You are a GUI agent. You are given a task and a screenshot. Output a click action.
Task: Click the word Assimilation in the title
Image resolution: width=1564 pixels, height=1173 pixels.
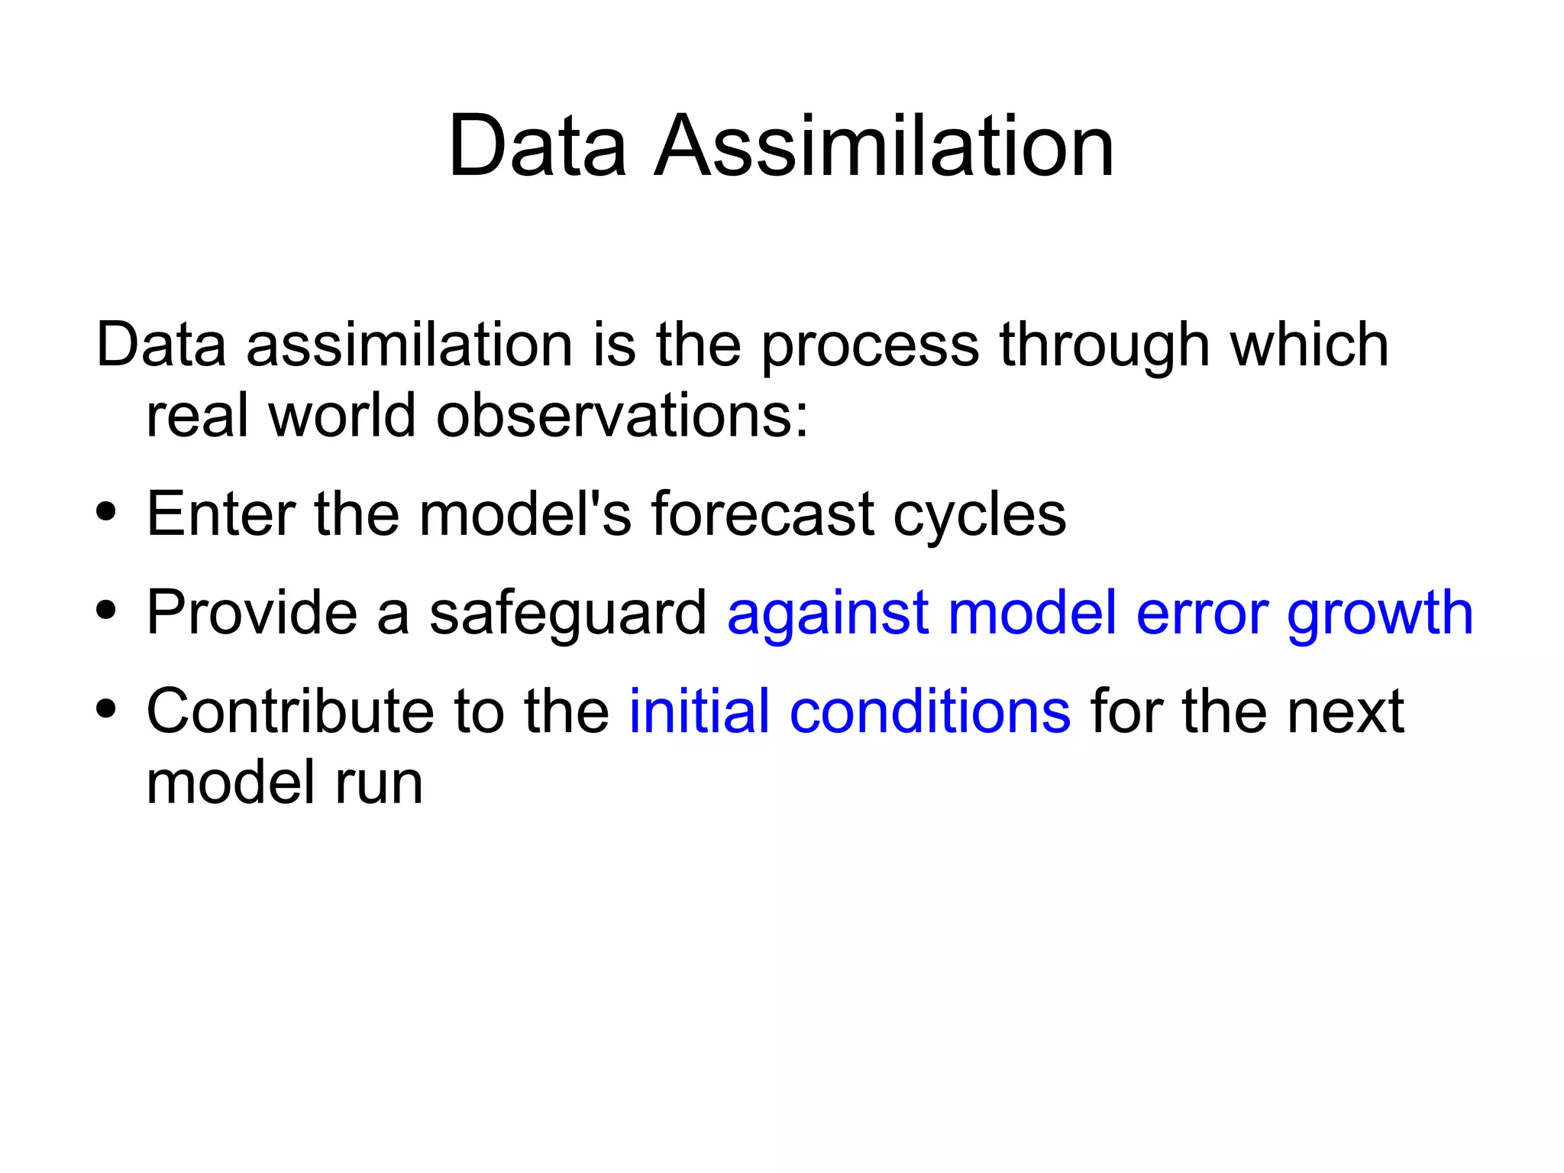(884, 146)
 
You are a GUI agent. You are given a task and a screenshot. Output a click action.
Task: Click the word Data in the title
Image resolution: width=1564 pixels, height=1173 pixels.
(537, 146)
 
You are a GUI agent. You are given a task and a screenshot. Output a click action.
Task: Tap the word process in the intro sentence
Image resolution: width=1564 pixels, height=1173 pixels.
(870, 346)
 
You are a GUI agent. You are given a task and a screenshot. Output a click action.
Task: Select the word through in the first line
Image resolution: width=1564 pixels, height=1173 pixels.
(1104, 346)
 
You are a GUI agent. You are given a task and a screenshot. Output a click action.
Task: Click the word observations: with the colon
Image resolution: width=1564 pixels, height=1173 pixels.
(622, 416)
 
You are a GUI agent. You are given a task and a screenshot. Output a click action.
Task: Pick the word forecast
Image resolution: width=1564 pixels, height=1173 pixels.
(761, 514)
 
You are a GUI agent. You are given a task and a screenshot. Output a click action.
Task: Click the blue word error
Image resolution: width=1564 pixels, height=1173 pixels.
(1200, 614)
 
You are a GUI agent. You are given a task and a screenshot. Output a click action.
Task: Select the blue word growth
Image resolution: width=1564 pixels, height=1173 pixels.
(1379, 614)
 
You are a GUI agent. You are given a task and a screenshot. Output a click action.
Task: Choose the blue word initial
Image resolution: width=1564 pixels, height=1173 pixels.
(699, 711)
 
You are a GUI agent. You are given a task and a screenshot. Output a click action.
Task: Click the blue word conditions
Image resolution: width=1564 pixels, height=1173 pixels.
(929, 711)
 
